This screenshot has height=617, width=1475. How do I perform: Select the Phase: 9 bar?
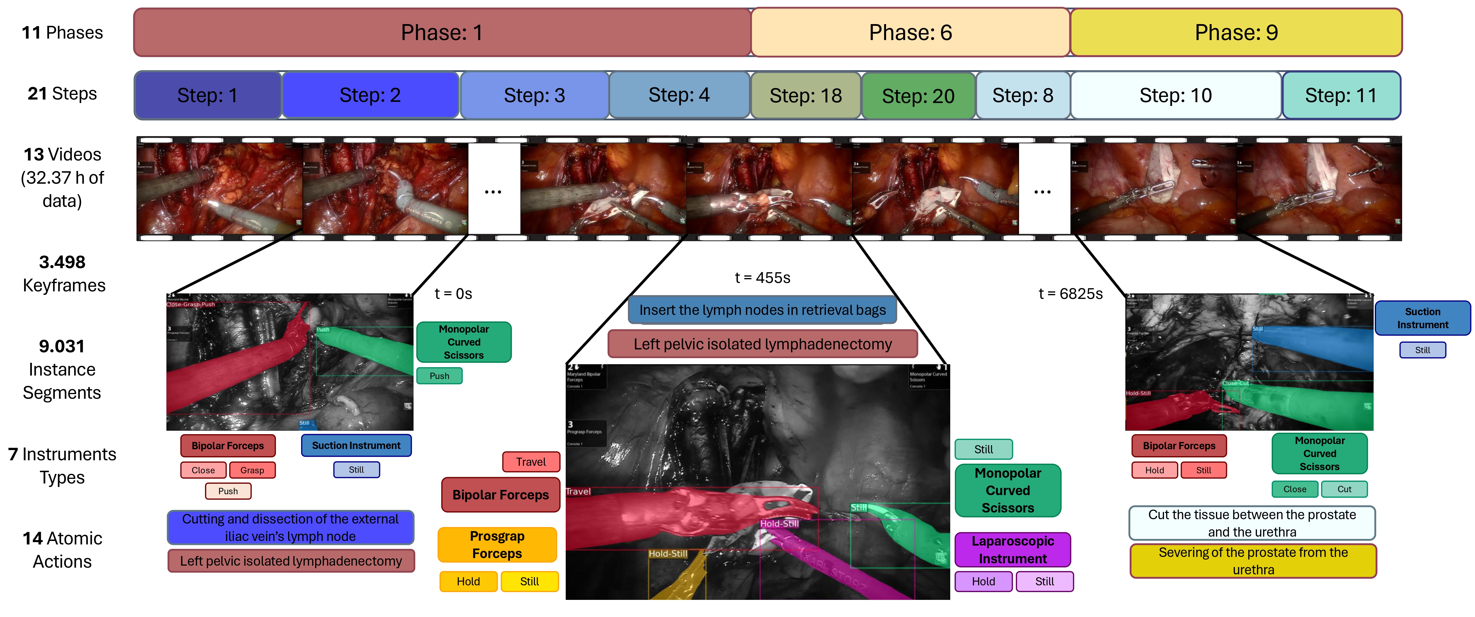pyautogui.click(x=1236, y=33)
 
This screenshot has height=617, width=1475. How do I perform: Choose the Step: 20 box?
pyautogui.click(x=918, y=95)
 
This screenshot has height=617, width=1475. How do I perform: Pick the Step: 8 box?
pyautogui.click(x=1023, y=95)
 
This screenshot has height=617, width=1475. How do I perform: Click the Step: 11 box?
pyautogui.click(x=1341, y=95)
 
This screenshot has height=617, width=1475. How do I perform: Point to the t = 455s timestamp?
pyautogui.click(x=762, y=278)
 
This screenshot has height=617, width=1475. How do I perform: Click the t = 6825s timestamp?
pyautogui.click(x=1070, y=294)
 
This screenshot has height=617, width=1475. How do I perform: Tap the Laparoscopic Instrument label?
pyautogui.click(x=1012, y=549)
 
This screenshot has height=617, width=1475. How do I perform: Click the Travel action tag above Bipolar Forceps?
pyautogui.click(x=531, y=462)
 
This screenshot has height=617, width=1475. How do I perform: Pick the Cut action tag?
pyautogui.click(x=1344, y=489)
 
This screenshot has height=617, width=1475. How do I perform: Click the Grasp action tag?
pyautogui.click(x=252, y=470)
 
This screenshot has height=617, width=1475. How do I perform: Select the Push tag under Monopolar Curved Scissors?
pyautogui.click(x=439, y=376)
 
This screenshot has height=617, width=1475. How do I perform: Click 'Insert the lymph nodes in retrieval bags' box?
pyautogui.click(x=762, y=310)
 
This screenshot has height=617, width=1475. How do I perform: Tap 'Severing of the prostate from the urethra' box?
pyautogui.click(x=1253, y=561)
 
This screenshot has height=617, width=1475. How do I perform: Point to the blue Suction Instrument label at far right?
pyautogui.click(x=1422, y=318)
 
